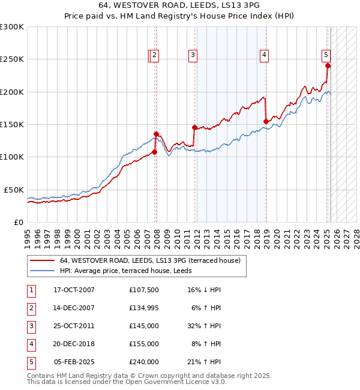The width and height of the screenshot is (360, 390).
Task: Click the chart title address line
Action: [179, 5]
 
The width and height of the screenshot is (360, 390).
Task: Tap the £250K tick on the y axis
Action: [11, 59]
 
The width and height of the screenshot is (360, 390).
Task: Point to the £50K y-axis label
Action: [13, 190]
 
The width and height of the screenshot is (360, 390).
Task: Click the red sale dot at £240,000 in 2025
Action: [328, 66]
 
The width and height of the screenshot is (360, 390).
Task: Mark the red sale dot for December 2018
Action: [266, 121]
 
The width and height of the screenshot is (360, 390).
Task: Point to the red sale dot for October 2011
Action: [194, 127]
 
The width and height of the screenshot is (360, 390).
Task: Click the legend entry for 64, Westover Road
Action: [149, 260]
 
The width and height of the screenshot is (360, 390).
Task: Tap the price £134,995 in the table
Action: [144, 308]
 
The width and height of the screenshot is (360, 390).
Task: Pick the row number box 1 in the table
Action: [31, 290]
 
